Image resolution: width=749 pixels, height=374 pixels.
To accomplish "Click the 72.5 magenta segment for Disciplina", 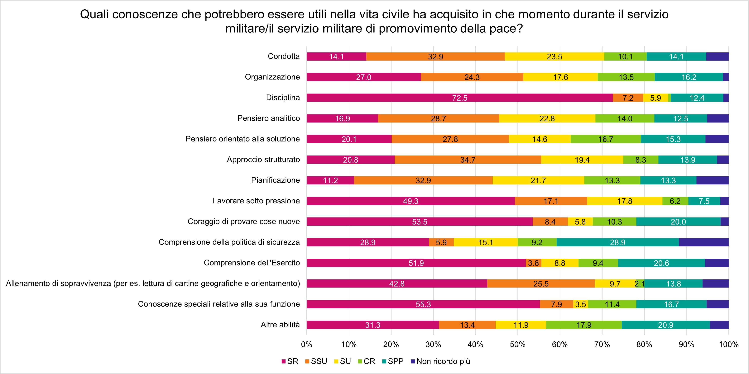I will [x=459, y=98].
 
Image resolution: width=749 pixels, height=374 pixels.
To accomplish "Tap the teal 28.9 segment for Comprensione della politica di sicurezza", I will [x=618, y=242].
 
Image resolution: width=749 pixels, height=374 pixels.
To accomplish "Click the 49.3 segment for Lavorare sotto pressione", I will [x=411, y=201].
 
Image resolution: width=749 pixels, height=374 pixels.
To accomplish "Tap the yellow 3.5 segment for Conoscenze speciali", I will [x=581, y=304].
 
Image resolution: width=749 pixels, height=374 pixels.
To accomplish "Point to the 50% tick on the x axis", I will [x=518, y=344].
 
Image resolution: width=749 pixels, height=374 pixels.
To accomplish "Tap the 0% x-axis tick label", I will [x=307, y=344].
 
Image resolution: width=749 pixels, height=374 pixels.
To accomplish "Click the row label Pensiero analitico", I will [x=268, y=118].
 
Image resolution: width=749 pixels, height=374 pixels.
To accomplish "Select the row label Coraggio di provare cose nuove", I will [x=244, y=222].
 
